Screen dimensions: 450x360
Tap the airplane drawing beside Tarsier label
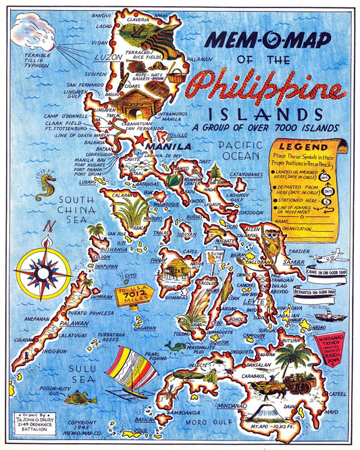pyautogui.click(x=332, y=257)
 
